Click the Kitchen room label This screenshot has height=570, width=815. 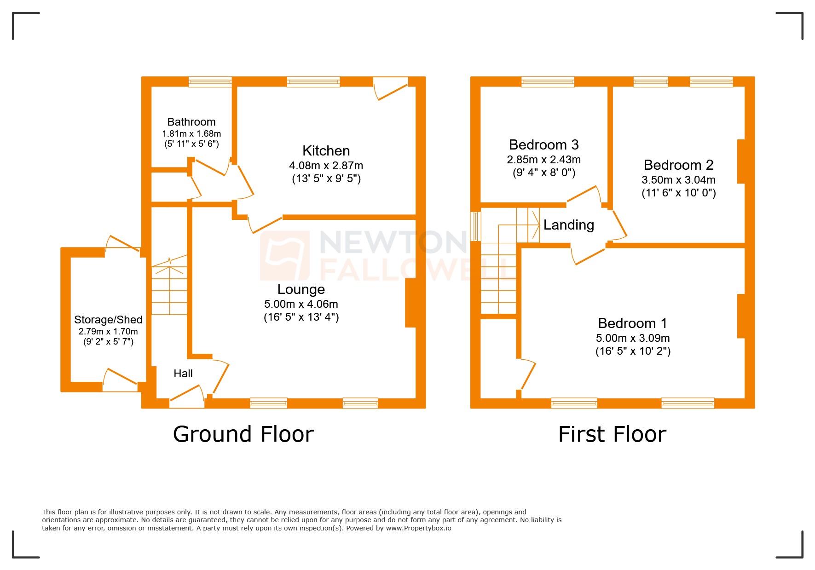326,151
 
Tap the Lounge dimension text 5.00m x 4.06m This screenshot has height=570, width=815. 301,304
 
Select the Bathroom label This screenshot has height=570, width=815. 191,122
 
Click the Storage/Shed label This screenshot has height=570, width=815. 108,320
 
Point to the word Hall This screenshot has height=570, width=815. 183,374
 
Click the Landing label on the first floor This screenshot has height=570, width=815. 568,225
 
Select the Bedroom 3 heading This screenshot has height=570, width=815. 543,145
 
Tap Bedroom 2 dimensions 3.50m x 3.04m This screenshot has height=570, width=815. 678,180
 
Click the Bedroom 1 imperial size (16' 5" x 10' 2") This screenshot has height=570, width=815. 633,351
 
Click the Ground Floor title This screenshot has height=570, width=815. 243,434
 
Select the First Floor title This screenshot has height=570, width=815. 612,434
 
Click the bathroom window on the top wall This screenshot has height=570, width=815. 210,82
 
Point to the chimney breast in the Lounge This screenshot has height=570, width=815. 410,303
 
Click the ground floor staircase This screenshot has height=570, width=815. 169,285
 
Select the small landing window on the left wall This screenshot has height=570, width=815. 475,226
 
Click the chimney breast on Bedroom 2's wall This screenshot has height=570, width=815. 741,161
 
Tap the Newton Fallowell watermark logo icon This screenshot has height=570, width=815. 285,256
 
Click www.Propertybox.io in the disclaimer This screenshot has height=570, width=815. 418,528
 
